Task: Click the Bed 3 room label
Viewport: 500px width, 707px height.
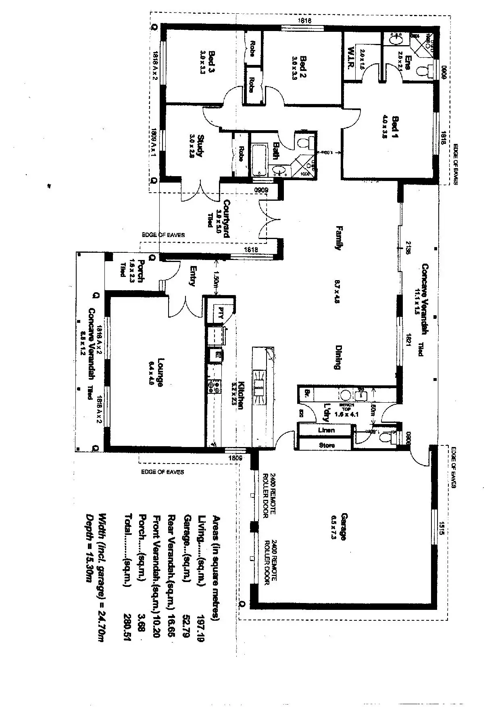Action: point(211,62)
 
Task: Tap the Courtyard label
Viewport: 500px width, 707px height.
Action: point(227,218)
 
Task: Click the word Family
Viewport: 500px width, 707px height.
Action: point(339,238)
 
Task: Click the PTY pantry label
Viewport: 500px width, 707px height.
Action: point(220,313)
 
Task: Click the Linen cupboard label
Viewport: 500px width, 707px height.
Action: point(326,430)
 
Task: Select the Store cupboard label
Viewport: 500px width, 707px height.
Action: point(327,445)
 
